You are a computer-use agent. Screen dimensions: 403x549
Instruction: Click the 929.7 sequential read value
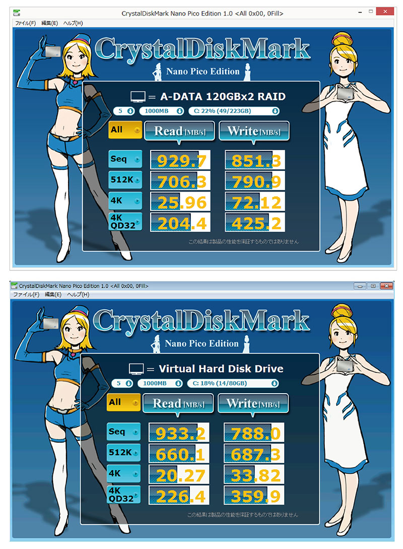(180, 160)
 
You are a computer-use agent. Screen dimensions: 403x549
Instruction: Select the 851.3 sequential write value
(255, 160)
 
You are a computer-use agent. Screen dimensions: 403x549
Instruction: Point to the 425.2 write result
(255, 223)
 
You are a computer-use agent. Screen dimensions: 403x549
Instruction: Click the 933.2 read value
(179, 433)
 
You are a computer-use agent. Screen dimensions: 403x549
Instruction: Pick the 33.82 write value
(254, 475)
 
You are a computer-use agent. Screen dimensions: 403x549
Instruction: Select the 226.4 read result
(179, 495)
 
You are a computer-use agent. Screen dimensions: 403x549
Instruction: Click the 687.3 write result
(254, 453)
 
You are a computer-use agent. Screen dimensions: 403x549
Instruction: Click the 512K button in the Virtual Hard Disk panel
(124, 452)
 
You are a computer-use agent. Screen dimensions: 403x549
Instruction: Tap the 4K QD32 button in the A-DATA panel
(125, 222)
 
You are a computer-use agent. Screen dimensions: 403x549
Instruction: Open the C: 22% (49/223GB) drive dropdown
(234, 111)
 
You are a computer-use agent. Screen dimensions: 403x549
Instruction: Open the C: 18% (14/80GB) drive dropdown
(233, 384)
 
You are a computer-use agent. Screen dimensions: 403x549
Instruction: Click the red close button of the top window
(385, 12)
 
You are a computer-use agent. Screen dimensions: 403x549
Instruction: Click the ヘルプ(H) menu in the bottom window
(78, 295)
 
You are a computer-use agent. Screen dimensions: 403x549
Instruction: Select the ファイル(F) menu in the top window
(25, 23)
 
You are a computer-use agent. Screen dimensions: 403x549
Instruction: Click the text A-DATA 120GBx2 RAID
(223, 97)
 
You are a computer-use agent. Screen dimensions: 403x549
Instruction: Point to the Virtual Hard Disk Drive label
(221, 369)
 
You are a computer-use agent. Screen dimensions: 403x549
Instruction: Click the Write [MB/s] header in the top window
(254, 131)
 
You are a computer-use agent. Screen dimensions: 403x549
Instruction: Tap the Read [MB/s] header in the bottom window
(178, 404)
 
